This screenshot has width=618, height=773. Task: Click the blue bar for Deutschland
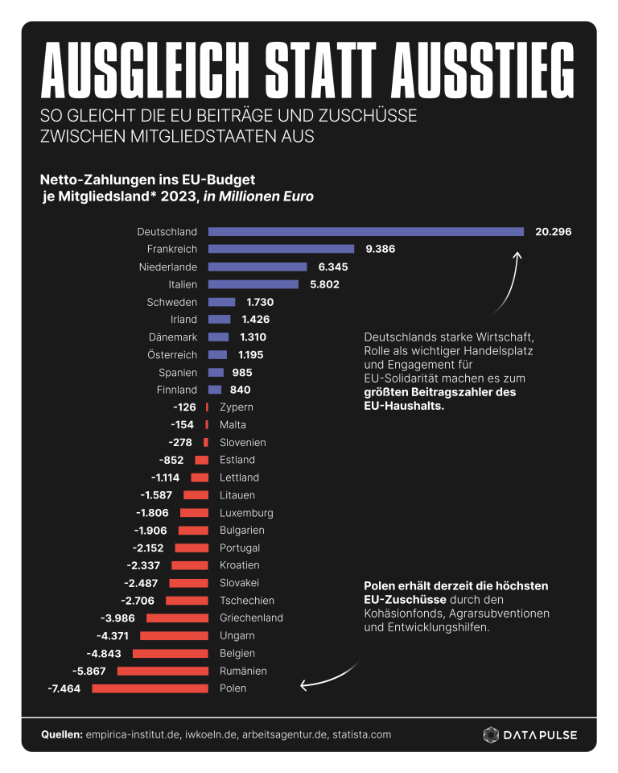point(365,232)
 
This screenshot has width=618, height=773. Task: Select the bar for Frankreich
point(281,249)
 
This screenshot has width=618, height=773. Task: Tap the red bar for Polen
point(150,688)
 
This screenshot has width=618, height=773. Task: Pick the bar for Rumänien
point(163,671)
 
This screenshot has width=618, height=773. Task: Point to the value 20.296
point(554,232)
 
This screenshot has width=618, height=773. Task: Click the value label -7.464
point(64,688)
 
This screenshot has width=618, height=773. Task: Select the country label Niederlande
point(168,267)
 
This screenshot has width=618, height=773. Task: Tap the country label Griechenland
point(251,618)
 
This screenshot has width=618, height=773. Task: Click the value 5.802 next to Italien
point(325,284)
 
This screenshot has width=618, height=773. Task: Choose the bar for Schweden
point(222,302)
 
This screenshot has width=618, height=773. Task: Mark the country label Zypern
point(237,407)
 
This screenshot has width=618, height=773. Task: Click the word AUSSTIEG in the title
point(483,70)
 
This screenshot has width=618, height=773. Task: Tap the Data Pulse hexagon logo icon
point(491,734)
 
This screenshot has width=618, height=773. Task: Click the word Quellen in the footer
point(62,734)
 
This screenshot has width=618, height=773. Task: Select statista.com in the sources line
point(362,734)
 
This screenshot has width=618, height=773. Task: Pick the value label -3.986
point(117,618)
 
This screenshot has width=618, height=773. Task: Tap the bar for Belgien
point(171,653)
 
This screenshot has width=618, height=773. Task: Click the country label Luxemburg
point(246,513)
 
